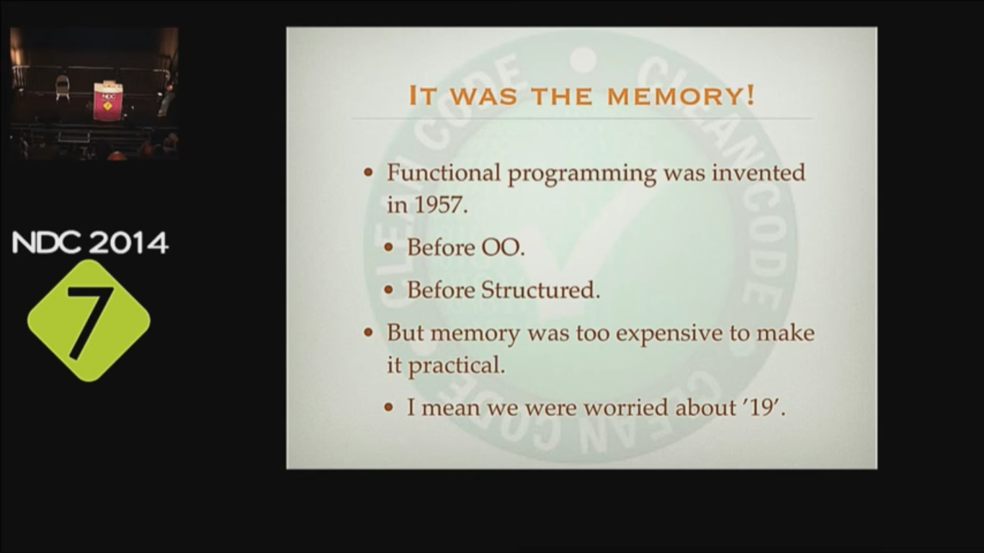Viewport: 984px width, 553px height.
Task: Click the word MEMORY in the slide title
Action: click(674, 96)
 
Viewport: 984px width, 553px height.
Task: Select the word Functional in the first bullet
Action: click(443, 172)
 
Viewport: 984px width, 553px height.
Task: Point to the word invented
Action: click(759, 172)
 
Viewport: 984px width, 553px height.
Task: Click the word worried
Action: click(626, 407)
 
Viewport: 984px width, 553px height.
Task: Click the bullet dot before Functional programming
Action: click(369, 173)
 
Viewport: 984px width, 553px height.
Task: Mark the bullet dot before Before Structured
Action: click(388, 290)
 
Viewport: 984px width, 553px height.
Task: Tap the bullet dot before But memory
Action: click(369, 333)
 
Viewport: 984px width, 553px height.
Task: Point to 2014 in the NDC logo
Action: click(129, 243)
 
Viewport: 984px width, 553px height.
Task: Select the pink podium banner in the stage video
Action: click(107, 101)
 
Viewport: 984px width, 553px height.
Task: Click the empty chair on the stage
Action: click(63, 87)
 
